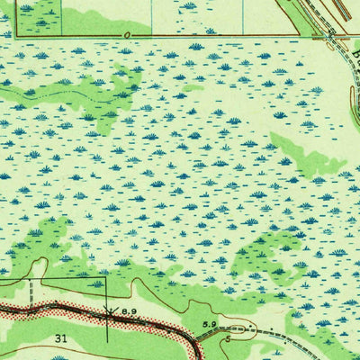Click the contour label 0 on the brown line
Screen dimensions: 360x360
click(128, 32)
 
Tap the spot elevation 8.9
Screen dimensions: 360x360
click(129, 310)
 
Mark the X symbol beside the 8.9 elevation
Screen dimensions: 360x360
click(109, 311)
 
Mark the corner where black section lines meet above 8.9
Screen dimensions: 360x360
click(106, 278)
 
